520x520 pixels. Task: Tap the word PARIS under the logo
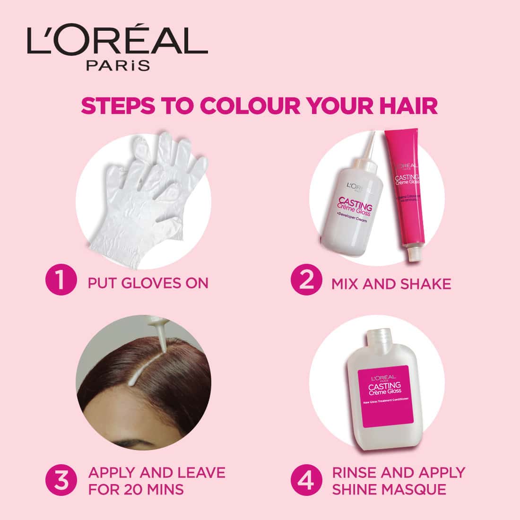[118, 65]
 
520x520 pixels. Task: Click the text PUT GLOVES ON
[148, 283]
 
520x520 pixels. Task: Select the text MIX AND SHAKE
[391, 284]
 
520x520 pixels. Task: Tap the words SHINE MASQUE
[389, 489]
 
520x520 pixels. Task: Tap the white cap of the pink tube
[414, 255]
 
